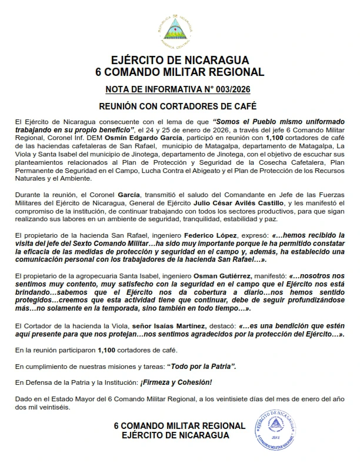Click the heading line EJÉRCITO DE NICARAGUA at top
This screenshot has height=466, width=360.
click(179, 61)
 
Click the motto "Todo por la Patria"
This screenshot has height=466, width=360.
click(202, 366)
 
